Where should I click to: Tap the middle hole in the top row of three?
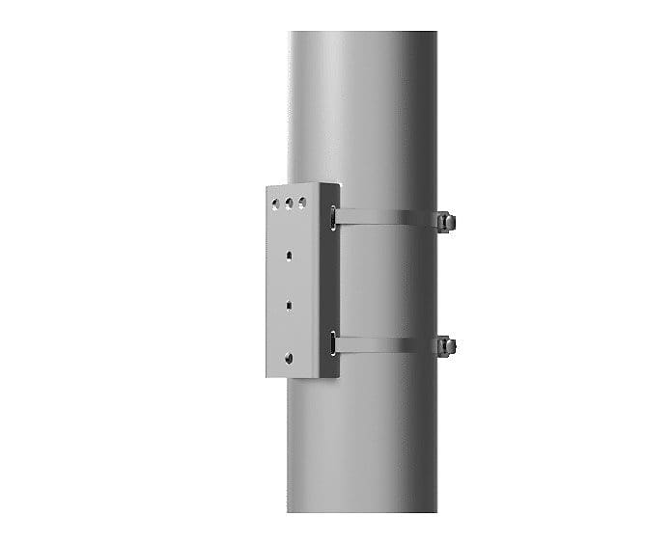[289, 204]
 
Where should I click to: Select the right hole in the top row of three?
[302, 203]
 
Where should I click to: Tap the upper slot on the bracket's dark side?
[332, 216]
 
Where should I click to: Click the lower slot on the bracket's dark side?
[333, 341]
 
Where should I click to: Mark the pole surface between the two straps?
[386, 280]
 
